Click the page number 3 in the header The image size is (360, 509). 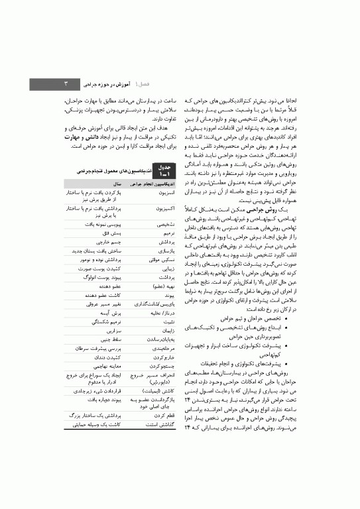[x=65, y=84]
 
